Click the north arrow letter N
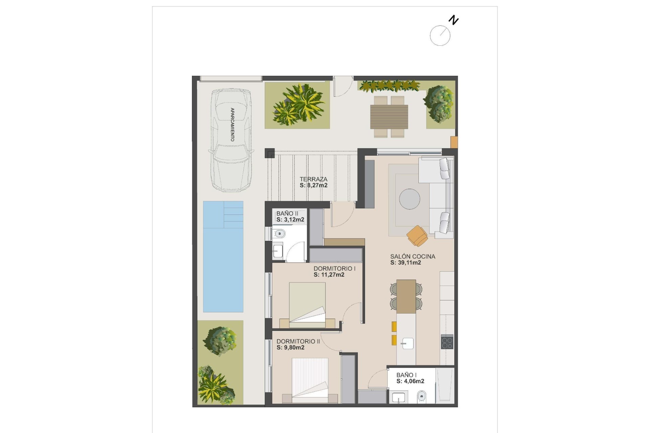pyautogui.click(x=453, y=20)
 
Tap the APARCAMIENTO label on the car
pyautogui.click(x=232, y=124)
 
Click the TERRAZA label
pyautogui.click(x=313, y=179)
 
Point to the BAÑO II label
pyautogui.click(x=287, y=213)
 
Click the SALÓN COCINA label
pyautogui.click(x=412, y=256)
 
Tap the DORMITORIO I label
pyautogui.click(x=334, y=269)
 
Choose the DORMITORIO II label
pyautogui.click(x=298, y=342)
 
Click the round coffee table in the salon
pyautogui.click(x=409, y=199)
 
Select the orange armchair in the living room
pyautogui.click(x=417, y=235)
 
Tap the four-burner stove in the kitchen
pyautogui.click(x=447, y=342)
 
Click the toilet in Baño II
pyautogui.click(x=279, y=233)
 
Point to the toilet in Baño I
pyautogui.click(x=421, y=395)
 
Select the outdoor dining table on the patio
pyautogui.click(x=389, y=117)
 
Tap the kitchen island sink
pyautogui.click(x=407, y=343)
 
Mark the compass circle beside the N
pyautogui.click(x=440, y=36)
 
